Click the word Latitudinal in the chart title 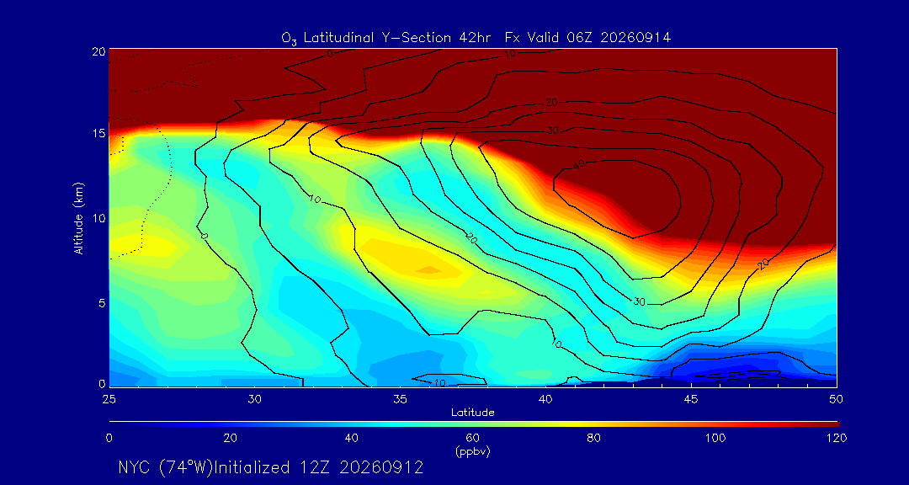[338, 38]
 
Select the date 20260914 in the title [636, 38]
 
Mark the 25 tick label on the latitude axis [109, 399]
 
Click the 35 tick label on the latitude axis [400, 399]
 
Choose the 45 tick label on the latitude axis [690, 399]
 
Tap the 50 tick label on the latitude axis [836, 399]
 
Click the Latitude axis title [472, 413]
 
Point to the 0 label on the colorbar [109, 439]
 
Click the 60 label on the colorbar [472, 439]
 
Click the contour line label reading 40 [578, 165]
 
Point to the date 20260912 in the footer [380, 467]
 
